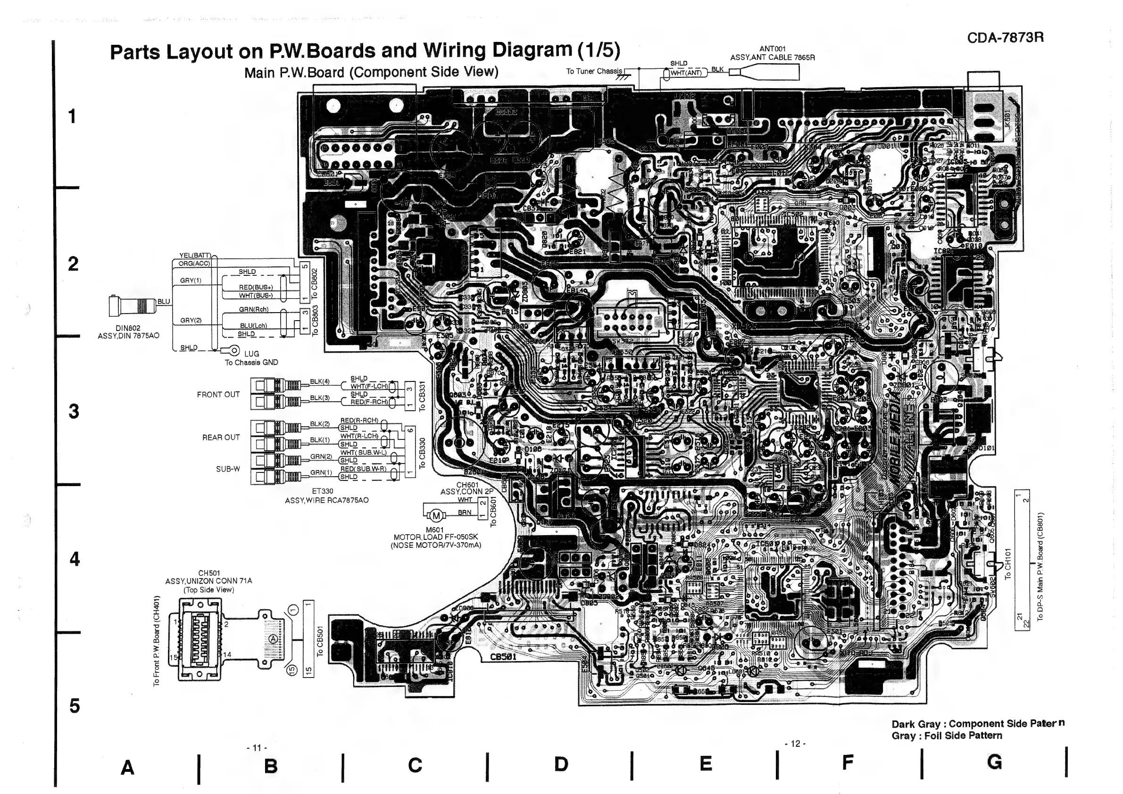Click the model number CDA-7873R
click(x=1005, y=38)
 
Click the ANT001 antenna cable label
click(x=772, y=49)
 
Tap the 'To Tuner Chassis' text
click(x=594, y=71)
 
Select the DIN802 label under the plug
click(x=128, y=328)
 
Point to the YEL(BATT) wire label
click(x=195, y=256)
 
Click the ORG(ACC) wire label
click(x=194, y=264)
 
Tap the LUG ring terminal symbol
click(x=234, y=350)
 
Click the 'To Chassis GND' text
click(x=251, y=362)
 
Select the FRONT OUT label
click(x=218, y=395)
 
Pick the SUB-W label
click(x=228, y=469)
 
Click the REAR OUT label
click(x=221, y=438)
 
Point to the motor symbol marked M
click(x=436, y=516)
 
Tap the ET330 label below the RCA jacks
click(x=322, y=491)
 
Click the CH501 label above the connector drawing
click(x=209, y=573)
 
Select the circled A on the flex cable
click(x=274, y=639)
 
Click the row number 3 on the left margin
click(x=74, y=411)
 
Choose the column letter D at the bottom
click(x=561, y=764)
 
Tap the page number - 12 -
click(x=795, y=744)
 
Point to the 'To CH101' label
click(x=1007, y=564)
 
